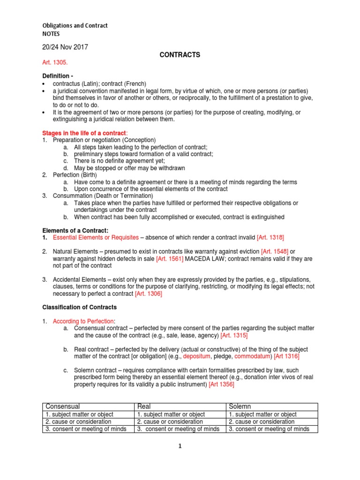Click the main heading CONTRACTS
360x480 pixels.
[180, 55]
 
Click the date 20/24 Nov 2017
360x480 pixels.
[65, 47]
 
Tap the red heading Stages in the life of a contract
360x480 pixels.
[84, 134]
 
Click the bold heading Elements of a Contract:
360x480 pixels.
[75, 230]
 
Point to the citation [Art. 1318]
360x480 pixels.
[270, 238]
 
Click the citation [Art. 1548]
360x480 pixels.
[276, 252]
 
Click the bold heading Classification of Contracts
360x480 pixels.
[80, 307]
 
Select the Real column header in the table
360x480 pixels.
[144, 406]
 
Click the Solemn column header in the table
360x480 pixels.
[240, 406]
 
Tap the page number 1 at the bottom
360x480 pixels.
[180, 447]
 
